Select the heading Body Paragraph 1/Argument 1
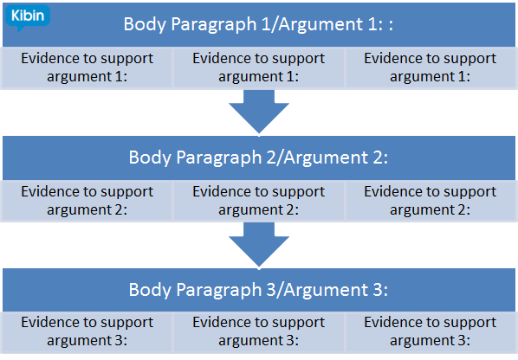[259, 23]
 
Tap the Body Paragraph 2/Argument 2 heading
[259, 157]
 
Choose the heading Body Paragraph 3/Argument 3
[259, 290]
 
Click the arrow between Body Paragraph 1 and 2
[259, 111]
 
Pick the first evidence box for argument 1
[87, 67]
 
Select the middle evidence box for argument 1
[258, 67]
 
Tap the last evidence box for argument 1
[430, 67]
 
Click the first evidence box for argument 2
[87, 200]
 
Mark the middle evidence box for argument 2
[258, 200]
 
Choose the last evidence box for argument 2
[430, 200]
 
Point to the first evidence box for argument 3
[87, 331]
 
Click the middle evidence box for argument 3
[258, 331]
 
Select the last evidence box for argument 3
[430, 331]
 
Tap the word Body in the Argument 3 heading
[147, 290]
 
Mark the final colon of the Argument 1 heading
[392, 25]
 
